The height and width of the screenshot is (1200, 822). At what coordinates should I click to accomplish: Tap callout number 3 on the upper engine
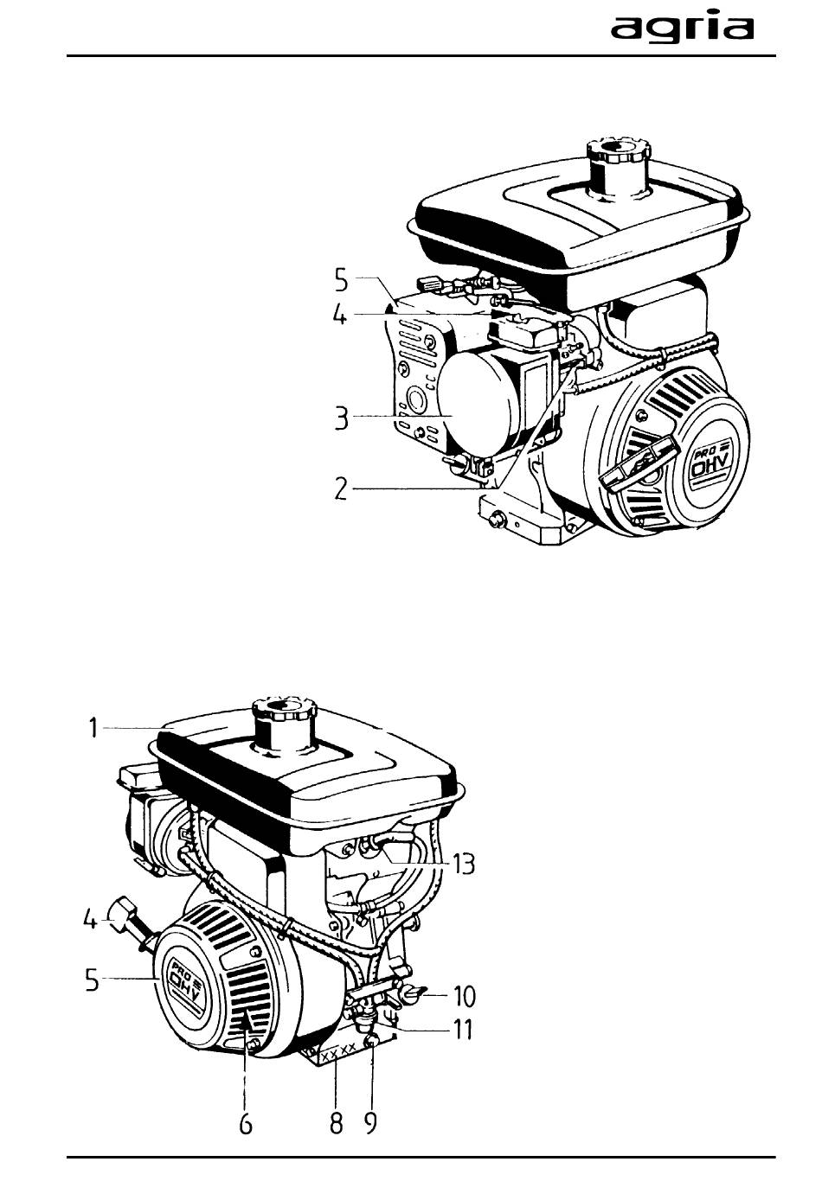click(341, 418)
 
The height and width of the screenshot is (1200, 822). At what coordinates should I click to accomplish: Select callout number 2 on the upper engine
click(341, 488)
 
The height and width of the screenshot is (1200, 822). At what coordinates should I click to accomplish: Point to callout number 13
click(463, 863)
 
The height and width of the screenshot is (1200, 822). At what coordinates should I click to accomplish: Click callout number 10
click(465, 995)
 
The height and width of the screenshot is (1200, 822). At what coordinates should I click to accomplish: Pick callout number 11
click(463, 1029)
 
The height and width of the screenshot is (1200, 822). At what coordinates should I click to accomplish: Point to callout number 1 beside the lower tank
click(93, 728)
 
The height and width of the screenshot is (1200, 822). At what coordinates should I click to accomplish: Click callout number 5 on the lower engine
click(93, 978)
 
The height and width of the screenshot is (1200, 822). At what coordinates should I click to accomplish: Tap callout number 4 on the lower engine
click(91, 920)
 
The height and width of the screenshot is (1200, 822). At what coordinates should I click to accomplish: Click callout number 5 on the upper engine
click(342, 279)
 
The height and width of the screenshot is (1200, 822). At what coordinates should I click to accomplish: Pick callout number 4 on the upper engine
click(340, 314)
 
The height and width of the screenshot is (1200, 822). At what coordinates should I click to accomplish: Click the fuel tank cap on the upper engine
click(618, 152)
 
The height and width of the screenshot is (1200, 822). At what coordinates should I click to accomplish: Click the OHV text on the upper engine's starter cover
click(707, 466)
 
